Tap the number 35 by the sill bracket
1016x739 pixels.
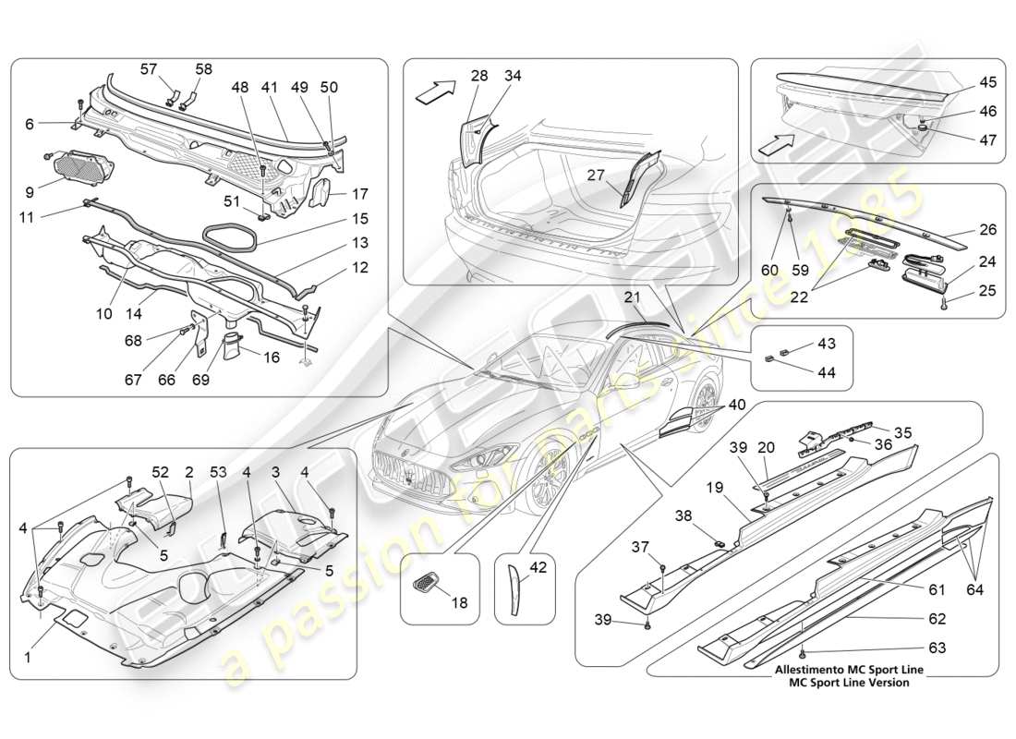coord(901,430)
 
